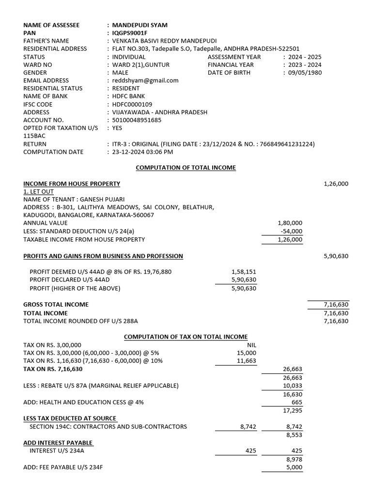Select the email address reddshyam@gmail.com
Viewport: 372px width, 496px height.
click(x=145, y=80)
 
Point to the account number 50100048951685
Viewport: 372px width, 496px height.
click(x=137, y=120)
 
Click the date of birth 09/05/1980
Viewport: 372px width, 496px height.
click(x=305, y=73)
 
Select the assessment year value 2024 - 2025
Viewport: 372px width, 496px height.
click(x=305, y=57)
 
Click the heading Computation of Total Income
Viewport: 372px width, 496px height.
click(x=186, y=168)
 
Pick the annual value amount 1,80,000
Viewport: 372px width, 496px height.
click(x=290, y=223)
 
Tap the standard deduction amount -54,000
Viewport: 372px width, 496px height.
click(x=291, y=231)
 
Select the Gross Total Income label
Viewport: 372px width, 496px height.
click(x=56, y=305)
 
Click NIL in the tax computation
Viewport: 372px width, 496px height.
click(x=251, y=345)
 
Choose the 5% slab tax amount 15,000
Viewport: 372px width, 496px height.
click(x=248, y=353)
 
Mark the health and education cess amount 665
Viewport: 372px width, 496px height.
click(x=296, y=402)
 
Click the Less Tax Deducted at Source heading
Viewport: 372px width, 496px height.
click(x=70, y=418)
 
